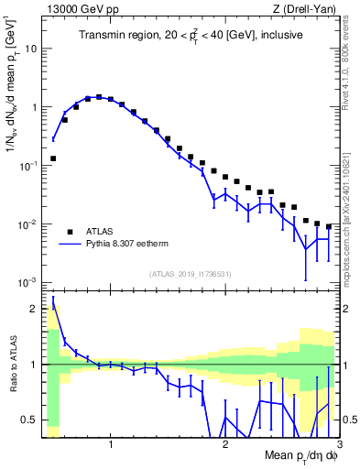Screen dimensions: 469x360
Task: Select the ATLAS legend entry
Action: pyautogui.click(x=100, y=232)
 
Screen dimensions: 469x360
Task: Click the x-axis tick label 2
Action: pyautogui.click(x=225, y=446)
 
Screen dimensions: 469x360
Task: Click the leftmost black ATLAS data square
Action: pyautogui.click(x=53, y=158)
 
